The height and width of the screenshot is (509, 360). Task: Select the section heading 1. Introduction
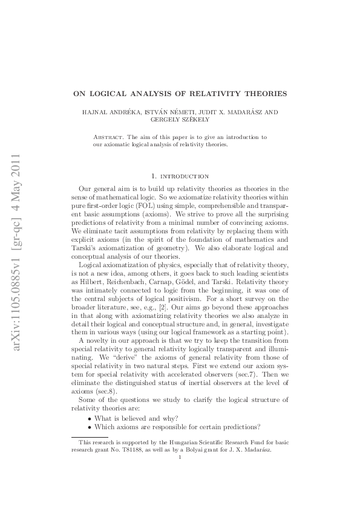180,176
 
